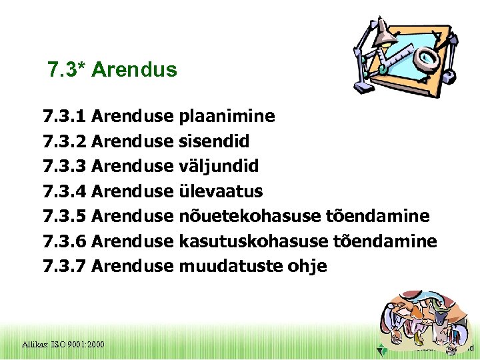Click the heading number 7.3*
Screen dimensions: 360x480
coord(67,70)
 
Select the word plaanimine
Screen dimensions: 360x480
coord(227,117)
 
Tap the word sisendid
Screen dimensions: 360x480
coord(214,141)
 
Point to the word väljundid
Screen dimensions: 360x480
coord(219,166)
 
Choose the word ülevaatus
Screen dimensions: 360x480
coord(221,191)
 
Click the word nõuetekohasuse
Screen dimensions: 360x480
coord(248,216)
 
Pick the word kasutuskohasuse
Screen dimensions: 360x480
coord(250,241)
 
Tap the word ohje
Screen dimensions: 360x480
coord(307,267)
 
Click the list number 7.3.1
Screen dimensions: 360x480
coord(64,117)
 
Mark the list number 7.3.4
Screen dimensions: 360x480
coord(64,191)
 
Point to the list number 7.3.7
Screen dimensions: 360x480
coord(64,266)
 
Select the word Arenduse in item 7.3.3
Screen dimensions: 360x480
coord(132,166)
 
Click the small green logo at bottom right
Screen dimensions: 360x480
coord(380,349)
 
